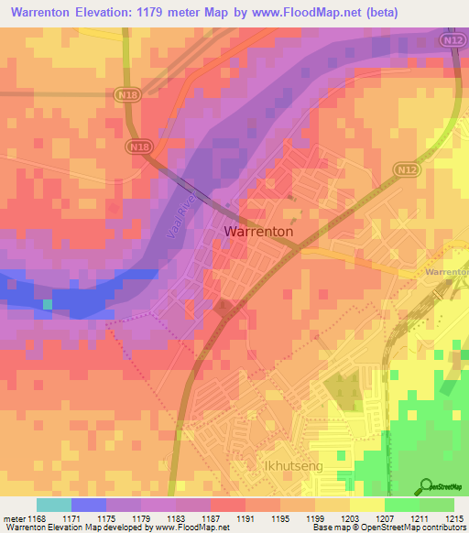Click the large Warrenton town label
click(x=259, y=233)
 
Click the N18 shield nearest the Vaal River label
click(x=140, y=148)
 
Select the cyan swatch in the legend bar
click(x=53, y=505)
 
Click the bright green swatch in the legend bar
click(x=401, y=505)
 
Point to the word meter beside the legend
click(x=13, y=519)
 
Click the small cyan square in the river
click(x=48, y=303)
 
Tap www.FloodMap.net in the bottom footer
click(x=191, y=528)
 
